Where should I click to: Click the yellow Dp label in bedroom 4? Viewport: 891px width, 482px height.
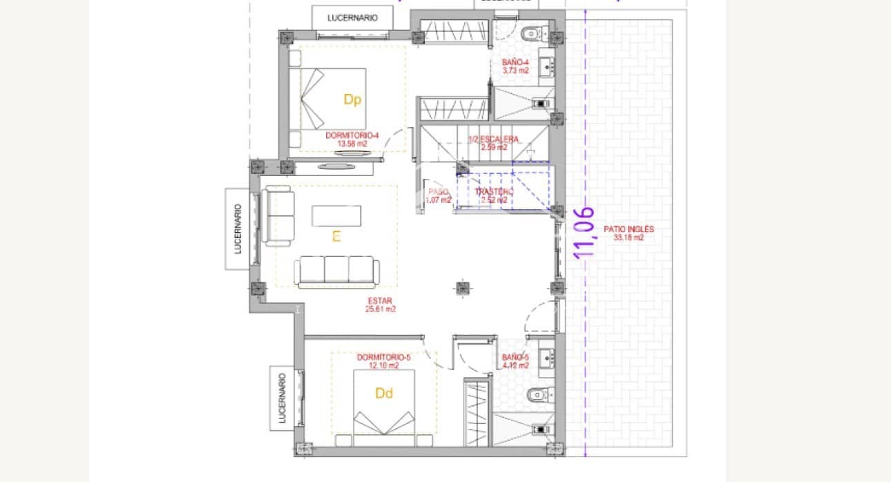(x=352, y=100)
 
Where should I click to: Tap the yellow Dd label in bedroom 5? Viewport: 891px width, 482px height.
(x=384, y=394)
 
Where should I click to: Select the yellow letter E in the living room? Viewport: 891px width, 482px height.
(x=336, y=237)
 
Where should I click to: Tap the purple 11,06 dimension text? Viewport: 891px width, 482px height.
(x=585, y=233)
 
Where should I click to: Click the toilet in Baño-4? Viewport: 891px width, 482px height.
(x=535, y=32)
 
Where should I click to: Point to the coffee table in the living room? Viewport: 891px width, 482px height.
(x=336, y=215)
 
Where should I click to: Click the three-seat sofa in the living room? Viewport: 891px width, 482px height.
(x=336, y=271)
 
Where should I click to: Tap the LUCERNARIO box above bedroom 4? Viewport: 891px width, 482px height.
(x=352, y=18)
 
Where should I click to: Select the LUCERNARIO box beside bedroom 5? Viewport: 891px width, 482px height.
(x=282, y=398)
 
